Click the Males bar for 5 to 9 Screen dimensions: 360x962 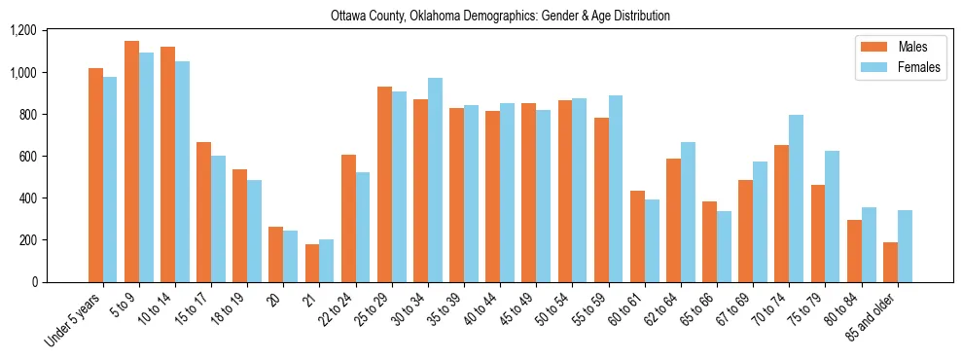[131, 162]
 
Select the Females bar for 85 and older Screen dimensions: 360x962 [905, 246]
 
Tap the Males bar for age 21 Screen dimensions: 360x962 [311, 263]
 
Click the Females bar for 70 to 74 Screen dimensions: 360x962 [797, 198]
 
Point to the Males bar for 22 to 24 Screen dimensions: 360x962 [348, 218]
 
